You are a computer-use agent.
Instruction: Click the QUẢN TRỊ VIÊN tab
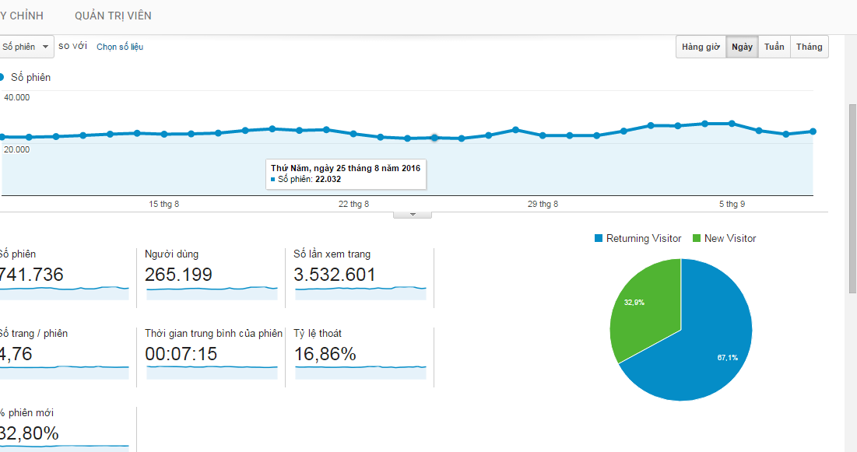(x=113, y=16)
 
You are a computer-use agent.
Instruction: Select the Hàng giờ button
(x=701, y=47)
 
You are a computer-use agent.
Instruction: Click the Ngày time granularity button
(x=742, y=47)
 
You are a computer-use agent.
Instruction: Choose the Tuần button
(x=774, y=47)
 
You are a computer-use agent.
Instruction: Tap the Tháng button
(x=809, y=47)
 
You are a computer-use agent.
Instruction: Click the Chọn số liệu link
(x=120, y=47)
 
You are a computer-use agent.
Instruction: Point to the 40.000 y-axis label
(x=17, y=97)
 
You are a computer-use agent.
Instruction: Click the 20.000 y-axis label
(x=17, y=149)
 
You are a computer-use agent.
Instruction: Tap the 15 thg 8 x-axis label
(x=164, y=205)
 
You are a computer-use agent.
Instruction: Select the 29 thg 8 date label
(x=543, y=205)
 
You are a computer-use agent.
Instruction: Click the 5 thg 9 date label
(x=732, y=205)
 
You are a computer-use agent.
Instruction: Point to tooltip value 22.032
(x=328, y=179)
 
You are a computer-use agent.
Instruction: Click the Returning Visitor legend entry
(x=643, y=239)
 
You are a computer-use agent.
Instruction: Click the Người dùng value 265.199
(x=178, y=275)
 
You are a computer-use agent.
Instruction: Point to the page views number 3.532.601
(x=335, y=275)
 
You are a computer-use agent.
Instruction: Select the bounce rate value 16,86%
(x=325, y=354)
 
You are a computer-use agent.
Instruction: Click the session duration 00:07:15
(x=181, y=354)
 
